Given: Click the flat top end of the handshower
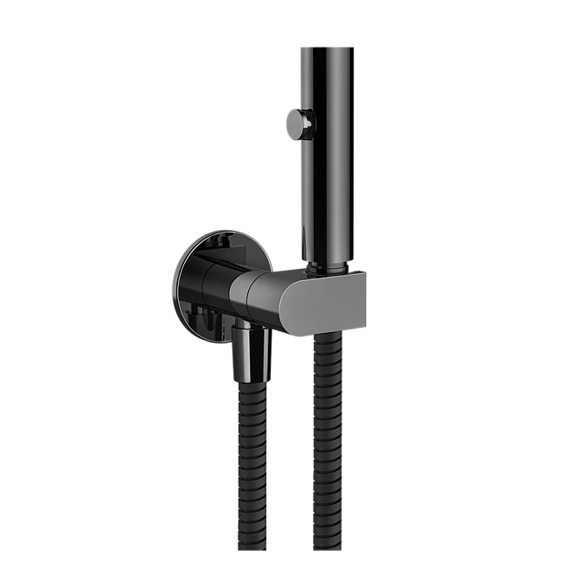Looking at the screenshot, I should [x=328, y=45].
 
